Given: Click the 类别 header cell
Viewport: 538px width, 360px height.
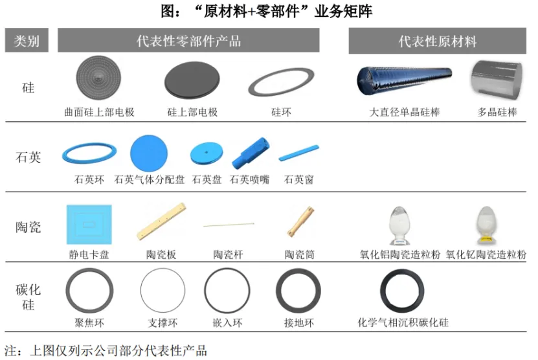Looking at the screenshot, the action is (27, 40).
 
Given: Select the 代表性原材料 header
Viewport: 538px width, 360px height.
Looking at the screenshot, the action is (437, 41).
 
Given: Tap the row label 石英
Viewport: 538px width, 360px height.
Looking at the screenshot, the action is (28, 157).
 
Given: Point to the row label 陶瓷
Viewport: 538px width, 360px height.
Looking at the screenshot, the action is (28, 227).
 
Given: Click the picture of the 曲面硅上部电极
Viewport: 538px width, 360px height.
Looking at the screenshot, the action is (98, 78).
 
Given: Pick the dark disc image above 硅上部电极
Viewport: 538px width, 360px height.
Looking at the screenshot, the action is (192, 80).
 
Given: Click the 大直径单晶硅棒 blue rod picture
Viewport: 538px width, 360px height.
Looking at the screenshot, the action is (404, 80).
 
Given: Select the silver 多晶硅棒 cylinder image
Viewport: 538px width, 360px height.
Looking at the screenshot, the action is (497, 80).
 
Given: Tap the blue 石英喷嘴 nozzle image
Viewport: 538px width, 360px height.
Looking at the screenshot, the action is (251, 153).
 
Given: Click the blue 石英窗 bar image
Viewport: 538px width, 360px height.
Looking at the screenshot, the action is (298, 153).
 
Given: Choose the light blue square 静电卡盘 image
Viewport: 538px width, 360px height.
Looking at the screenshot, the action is (89, 225).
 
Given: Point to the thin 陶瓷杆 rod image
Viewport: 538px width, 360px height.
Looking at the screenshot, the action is (229, 225).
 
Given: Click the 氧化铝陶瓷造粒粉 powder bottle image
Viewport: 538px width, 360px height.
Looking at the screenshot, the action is (399, 226).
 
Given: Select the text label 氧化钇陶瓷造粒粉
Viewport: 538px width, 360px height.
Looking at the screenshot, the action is (486, 254).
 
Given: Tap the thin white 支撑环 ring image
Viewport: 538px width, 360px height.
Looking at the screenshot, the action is (163, 290).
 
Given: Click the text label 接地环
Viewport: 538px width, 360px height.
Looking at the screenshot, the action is (299, 322).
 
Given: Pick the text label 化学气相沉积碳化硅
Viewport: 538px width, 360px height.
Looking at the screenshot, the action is (403, 322).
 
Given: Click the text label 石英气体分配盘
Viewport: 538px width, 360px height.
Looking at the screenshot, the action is (150, 179).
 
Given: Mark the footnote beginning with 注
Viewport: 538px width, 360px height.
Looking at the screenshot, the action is (106, 350).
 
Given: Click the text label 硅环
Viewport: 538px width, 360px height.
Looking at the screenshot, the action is (281, 112).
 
